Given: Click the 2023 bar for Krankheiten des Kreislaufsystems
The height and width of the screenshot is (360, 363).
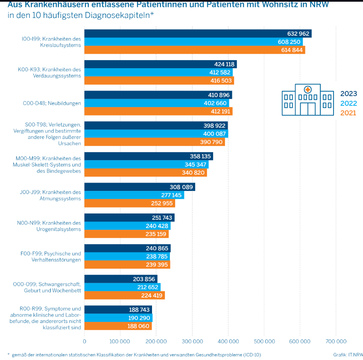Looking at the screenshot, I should pyautogui.click(x=198, y=34).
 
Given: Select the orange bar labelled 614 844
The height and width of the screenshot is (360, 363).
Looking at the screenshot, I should pyautogui.click(x=194, y=50).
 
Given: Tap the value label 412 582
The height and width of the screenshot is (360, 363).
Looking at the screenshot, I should pyautogui.click(x=220, y=72).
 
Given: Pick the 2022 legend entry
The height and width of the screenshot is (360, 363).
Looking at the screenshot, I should pyautogui.click(x=348, y=103).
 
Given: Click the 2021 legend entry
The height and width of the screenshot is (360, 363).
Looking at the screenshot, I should pyautogui.click(x=348, y=113).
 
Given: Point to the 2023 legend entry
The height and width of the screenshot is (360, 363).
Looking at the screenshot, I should pyautogui.click(x=348, y=94).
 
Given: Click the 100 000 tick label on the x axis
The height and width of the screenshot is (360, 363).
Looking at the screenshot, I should pyautogui.click(x=120, y=341).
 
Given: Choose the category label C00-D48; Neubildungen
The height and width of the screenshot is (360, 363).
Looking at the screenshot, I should pyautogui.click(x=52, y=103).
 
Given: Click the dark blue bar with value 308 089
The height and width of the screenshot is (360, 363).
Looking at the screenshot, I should pyautogui.click(x=140, y=187).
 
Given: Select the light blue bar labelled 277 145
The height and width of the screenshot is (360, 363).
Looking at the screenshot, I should pyautogui.click(x=134, y=195).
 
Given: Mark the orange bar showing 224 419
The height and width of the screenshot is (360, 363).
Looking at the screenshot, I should pyautogui.click(x=124, y=295).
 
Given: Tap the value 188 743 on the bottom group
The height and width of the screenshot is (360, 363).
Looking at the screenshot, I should pyautogui.click(x=139, y=310).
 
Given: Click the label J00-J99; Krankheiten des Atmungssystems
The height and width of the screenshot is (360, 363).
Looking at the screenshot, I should pyautogui.click(x=50, y=195).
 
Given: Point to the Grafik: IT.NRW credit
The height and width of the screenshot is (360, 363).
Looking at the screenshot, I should pyautogui.click(x=348, y=354).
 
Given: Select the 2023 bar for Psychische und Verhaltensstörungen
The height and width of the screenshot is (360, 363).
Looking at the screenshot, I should pyautogui.click(x=127, y=248).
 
